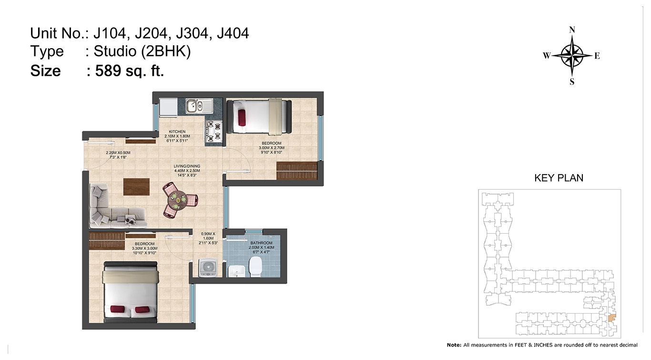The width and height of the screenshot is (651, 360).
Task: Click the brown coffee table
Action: pos(136,187)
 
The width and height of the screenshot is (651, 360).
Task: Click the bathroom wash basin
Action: pos(236,271)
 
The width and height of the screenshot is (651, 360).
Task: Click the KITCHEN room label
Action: pos(177,132)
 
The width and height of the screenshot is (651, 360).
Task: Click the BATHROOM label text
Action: pos(261,243)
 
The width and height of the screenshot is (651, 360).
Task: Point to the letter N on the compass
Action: pos(572,30)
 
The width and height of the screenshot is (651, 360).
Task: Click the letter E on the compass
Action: pos(597,56)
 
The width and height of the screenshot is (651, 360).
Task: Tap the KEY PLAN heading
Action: pos(559,178)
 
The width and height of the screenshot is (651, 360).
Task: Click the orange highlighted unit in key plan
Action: pos(612,318)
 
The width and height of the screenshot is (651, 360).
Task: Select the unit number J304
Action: pos(192,33)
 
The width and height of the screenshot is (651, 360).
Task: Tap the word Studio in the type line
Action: pos(115,51)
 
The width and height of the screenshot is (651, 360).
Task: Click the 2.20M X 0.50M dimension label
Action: pos(118,153)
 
